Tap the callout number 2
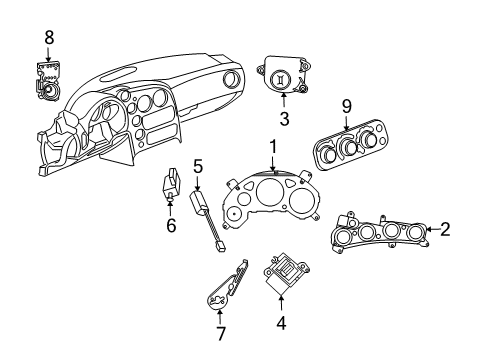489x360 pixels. click(x=445, y=229)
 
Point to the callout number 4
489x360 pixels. click(x=281, y=323)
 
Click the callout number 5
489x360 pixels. click(x=198, y=165)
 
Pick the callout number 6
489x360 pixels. click(x=171, y=225)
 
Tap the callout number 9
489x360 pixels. click(x=347, y=106)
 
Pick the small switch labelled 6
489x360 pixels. click(x=170, y=187)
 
